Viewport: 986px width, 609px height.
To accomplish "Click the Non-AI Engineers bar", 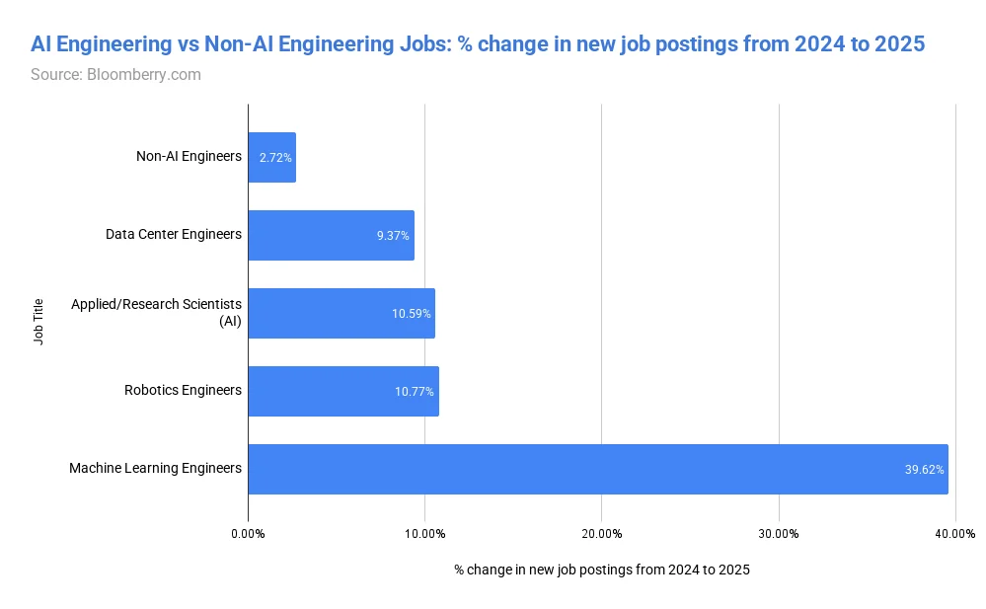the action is point(271,157).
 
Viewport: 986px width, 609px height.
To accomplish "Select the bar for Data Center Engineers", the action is point(331,235).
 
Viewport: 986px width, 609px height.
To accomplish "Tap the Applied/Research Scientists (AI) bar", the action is point(341,313).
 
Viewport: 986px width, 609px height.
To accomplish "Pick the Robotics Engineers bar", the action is point(343,391).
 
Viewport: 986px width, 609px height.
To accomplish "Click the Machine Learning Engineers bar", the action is point(598,469).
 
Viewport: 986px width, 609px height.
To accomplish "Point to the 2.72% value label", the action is point(275,158).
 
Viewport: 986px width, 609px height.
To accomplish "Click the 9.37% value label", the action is point(393,236).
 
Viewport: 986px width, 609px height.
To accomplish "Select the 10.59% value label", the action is point(412,314).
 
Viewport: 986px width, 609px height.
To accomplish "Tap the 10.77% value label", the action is point(415,392).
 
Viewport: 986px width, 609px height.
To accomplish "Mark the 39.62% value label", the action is point(925,470).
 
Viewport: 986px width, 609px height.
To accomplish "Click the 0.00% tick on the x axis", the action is point(248,534).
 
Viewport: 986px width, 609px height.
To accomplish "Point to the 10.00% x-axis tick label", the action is point(425,534).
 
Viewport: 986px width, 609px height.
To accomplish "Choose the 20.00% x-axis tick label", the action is point(602,534).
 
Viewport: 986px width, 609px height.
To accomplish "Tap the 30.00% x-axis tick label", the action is point(779,534).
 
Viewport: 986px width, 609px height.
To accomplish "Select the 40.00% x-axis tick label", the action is point(955,534).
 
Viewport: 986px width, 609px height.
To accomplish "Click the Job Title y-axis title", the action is point(38,322).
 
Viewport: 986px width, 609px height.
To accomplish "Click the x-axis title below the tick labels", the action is point(602,570).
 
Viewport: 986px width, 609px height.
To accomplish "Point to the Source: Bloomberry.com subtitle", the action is point(115,74).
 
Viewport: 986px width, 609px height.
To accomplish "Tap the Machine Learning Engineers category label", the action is point(155,468).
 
